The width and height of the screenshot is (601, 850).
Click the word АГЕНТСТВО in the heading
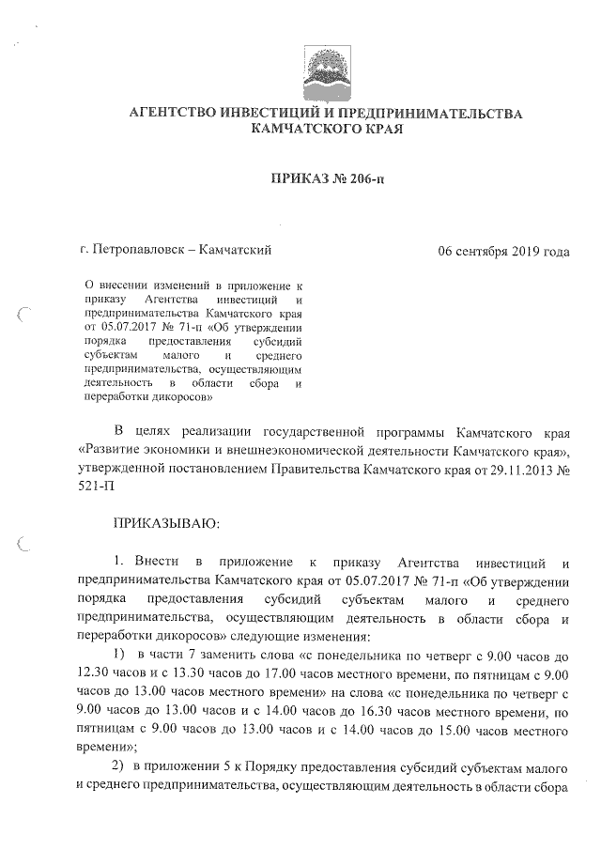176,114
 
